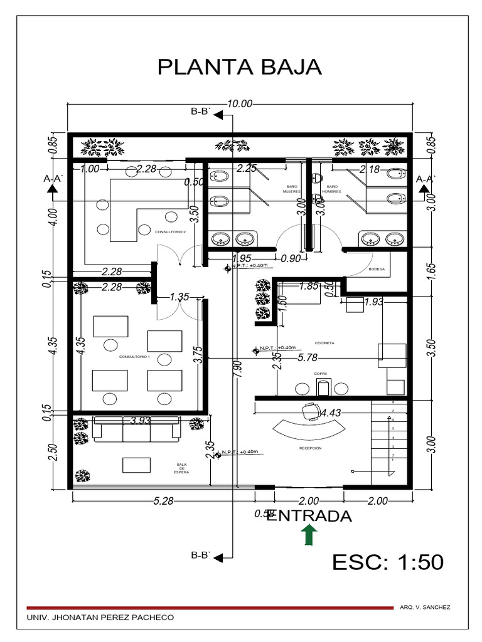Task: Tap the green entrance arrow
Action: [x=309, y=537]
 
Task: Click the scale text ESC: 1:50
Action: [x=387, y=562]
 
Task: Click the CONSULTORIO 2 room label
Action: [x=170, y=232]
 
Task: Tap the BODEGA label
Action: [x=377, y=269]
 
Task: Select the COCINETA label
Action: [x=324, y=343]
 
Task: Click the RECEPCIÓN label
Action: [x=310, y=449]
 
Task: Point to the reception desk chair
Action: [x=309, y=411]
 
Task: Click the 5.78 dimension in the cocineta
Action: [x=308, y=358]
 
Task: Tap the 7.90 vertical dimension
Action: [x=237, y=370]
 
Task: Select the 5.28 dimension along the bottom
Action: [x=163, y=501]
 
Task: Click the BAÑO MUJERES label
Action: [x=291, y=189]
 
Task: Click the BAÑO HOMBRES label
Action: [x=331, y=189]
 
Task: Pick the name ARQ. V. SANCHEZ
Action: [x=424, y=608]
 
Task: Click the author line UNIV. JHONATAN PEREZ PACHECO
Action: [x=100, y=618]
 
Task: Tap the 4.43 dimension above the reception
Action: [x=331, y=413]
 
